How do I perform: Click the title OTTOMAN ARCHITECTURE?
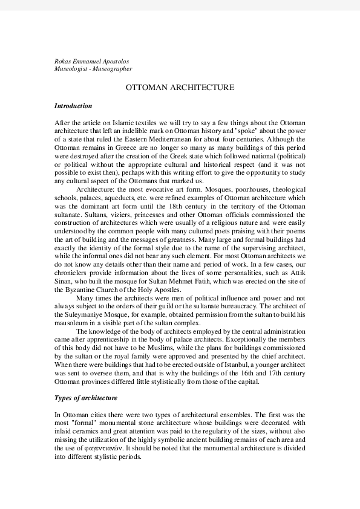(180, 88)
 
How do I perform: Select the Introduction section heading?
(73, 106)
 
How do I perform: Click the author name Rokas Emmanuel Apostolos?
(91, 61)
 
